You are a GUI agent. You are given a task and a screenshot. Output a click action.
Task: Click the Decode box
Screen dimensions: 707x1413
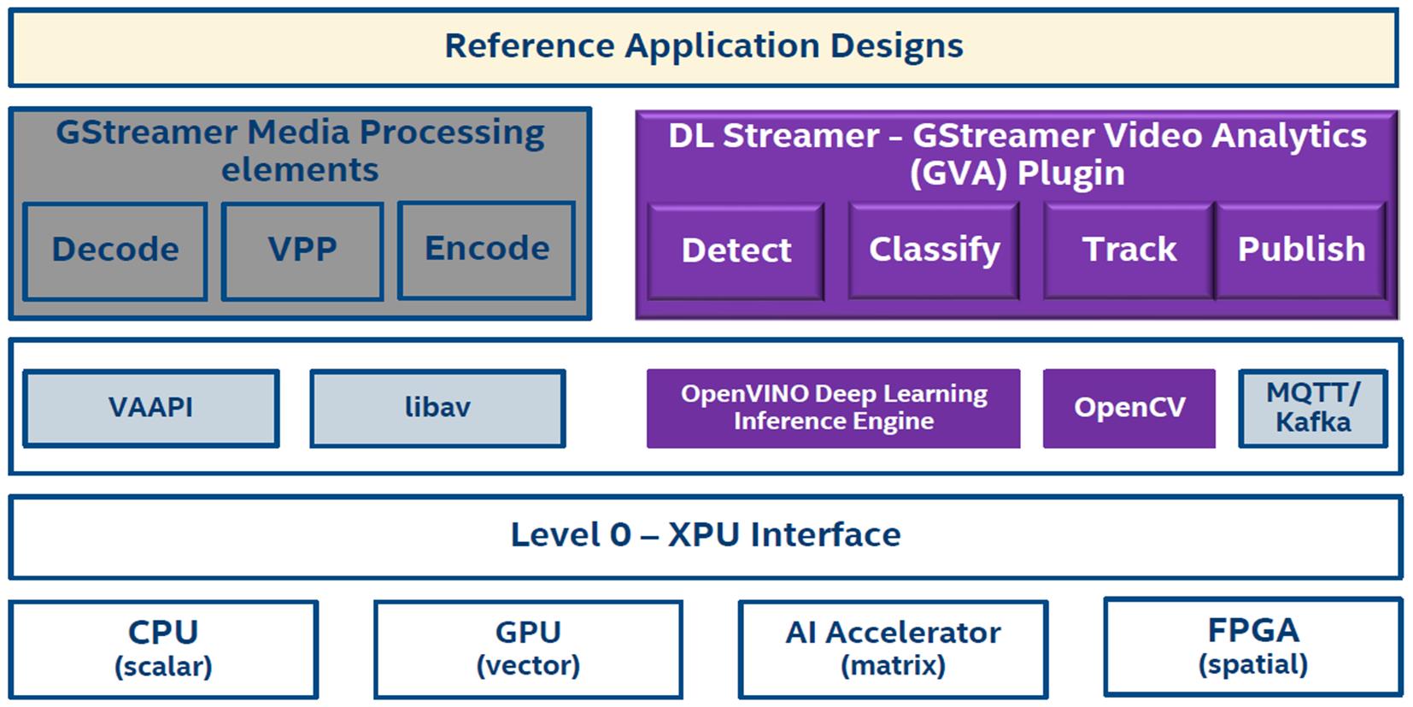(x=115, y=250)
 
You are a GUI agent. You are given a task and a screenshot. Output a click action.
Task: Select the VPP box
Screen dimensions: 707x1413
(x=302, y=250)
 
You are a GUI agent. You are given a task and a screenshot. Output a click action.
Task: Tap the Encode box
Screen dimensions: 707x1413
(x=486, y=250)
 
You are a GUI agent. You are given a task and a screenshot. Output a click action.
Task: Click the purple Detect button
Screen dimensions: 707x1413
(x=736, y=251)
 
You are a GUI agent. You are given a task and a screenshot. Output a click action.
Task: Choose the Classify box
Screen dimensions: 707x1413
(x=934, y=250)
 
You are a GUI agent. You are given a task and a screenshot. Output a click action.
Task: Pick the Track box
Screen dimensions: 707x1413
(x=1129, y=250)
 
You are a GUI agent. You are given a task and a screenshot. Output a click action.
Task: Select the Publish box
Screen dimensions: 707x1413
(x=1300, y=250)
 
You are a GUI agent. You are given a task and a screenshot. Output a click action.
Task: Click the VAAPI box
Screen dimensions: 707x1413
(x=150, y=408)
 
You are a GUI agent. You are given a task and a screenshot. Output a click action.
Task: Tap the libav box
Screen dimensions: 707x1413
(x=437, y=408)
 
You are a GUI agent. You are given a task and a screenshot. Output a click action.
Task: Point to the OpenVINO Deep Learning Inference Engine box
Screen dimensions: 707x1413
(x=833, y=408)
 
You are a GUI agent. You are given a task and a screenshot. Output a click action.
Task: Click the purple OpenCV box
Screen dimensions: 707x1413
(x=1129, y=408)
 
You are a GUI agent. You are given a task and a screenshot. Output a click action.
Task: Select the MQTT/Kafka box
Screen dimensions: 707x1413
(x=1312, y=408)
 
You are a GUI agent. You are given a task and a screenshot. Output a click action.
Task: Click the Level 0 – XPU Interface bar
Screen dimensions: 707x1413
(x=706, y=535)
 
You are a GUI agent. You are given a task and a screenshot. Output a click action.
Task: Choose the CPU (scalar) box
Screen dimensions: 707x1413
(x=163, y=649)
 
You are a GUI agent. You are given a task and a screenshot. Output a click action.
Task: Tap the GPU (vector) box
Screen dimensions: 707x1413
(x=528, y=649)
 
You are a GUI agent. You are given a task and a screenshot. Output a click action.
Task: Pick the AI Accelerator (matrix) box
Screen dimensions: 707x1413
(x=893, y=649)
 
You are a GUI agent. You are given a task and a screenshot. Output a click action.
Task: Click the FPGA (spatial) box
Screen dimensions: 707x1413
(x=1252, y=646)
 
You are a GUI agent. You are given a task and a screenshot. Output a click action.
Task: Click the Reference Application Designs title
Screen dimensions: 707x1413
(x=703, y=46)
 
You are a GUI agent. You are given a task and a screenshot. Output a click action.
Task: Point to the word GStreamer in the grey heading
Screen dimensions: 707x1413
(x=146, y=133)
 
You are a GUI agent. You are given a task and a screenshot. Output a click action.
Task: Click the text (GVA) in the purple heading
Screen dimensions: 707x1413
(x=959, y=174)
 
